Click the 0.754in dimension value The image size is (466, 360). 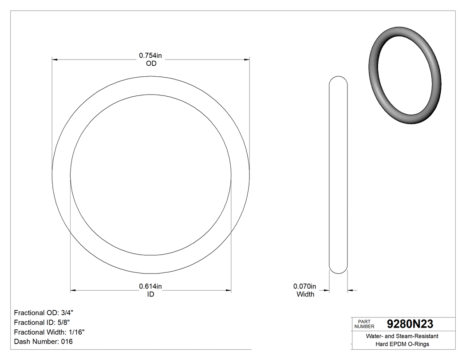tap(150, 55)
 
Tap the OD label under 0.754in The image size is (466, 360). tap(151, 63)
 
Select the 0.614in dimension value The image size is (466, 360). tap(150, 286)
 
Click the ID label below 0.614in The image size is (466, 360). tap(150, 294)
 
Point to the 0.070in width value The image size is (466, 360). tap(305, 286)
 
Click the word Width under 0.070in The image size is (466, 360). tap(305, 294)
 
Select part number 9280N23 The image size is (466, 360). tap(410, 324)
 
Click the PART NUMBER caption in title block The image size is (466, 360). tap(364, 324)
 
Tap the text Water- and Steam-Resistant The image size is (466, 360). tap(402, 336)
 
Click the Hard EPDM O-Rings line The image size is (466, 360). tap(402, 344)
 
